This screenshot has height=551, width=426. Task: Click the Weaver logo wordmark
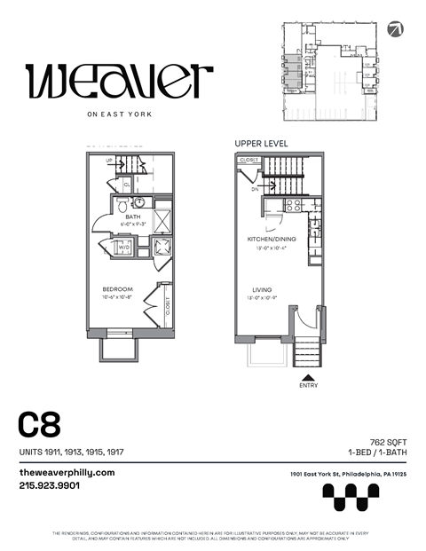pos(120,82)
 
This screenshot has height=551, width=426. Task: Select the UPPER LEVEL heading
pos(261,142)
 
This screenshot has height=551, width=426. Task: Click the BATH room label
pos(133,216)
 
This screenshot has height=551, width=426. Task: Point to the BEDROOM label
pos(117,289)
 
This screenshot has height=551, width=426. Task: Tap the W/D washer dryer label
pos(123,248)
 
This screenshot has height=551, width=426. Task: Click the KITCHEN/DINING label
pos(271,240)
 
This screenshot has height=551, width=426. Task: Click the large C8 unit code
pos(39,424)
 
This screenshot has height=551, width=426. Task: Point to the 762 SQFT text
pos(388,441)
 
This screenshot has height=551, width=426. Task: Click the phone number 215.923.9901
pos(50,485)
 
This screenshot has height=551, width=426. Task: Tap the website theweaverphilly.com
pos(67,473)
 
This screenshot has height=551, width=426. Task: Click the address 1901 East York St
pos(348,475)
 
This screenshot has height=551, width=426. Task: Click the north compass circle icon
pos(396,29)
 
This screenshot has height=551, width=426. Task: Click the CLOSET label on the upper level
pos(249,160)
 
